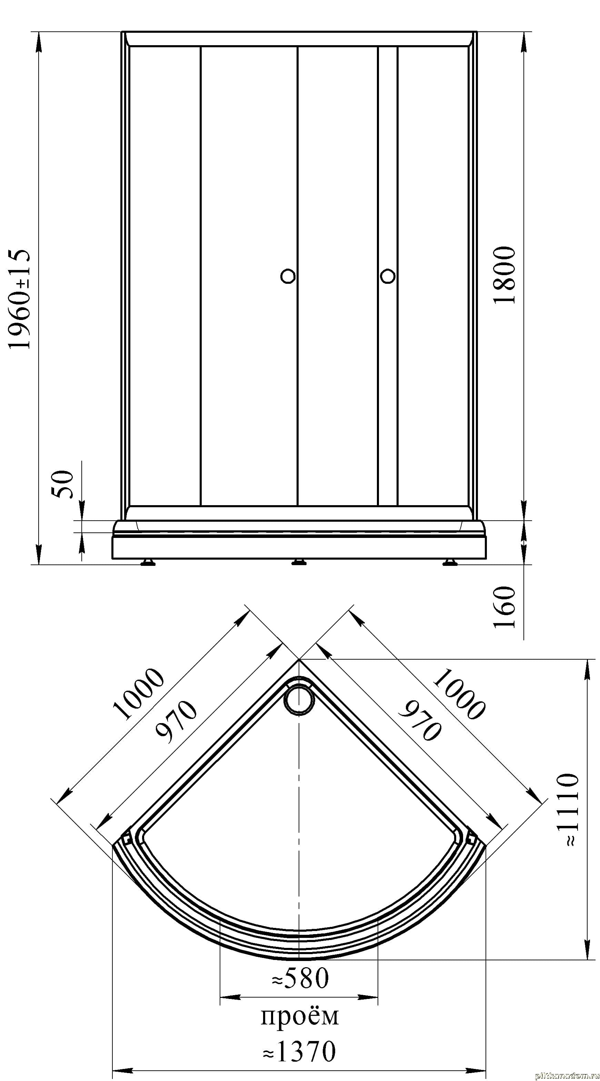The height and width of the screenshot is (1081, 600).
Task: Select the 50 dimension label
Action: click(62, 484)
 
